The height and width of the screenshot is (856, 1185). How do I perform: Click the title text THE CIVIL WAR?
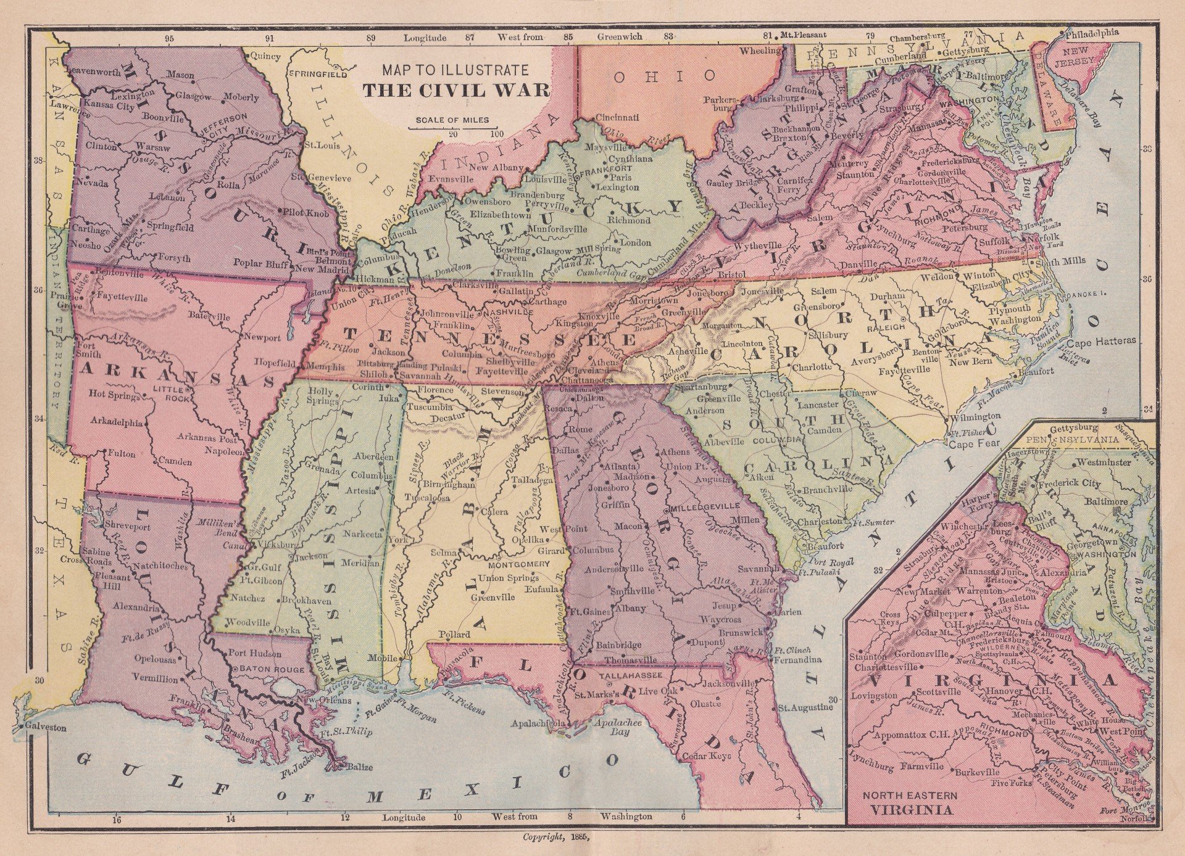click(455, 90)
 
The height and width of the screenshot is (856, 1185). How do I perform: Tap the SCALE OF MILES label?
click(452, 120)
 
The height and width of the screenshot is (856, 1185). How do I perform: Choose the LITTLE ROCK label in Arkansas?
click(173, 393)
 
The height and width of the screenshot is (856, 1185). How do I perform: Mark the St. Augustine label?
click(805, 707)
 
